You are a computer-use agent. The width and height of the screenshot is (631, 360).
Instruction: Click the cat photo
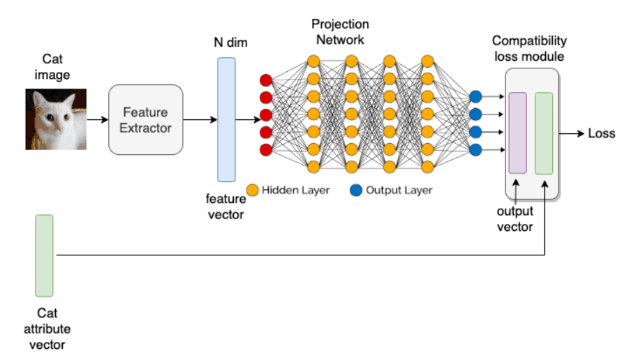click(x=56, y=119)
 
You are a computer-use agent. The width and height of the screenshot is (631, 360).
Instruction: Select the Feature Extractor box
click(x=145, y=119)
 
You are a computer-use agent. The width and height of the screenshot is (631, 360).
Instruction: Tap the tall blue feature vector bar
click(x=227, y=119)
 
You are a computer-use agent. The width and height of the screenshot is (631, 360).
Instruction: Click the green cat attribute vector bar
click(x=44, y=255)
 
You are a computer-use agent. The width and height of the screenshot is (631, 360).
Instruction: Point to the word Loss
click(x=602, y=133)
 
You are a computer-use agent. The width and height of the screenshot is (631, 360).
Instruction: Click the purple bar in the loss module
click(x=518, y=132)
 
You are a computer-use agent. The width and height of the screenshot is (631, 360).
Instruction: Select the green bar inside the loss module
click(x=544, y=133)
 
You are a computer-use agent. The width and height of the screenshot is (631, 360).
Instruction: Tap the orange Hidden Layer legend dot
click(x=253, y=190)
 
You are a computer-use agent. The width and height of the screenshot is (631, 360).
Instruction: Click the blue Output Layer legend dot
click(x=356, y=190)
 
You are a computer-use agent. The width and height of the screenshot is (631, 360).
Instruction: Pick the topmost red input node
click(x=265, y=79)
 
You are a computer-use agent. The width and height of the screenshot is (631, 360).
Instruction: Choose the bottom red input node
click(x=265, y=149)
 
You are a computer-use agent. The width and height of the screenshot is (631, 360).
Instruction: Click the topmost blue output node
click(x=476, y=96)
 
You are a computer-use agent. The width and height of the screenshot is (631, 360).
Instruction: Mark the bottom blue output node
click(x=476, y=149)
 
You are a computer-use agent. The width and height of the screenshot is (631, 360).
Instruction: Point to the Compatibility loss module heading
click(x=529, y=48)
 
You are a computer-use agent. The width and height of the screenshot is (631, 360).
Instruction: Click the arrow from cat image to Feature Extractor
click(x=98, y=119)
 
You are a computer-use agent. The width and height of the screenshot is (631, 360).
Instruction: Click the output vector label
click(x=514, y=218)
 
